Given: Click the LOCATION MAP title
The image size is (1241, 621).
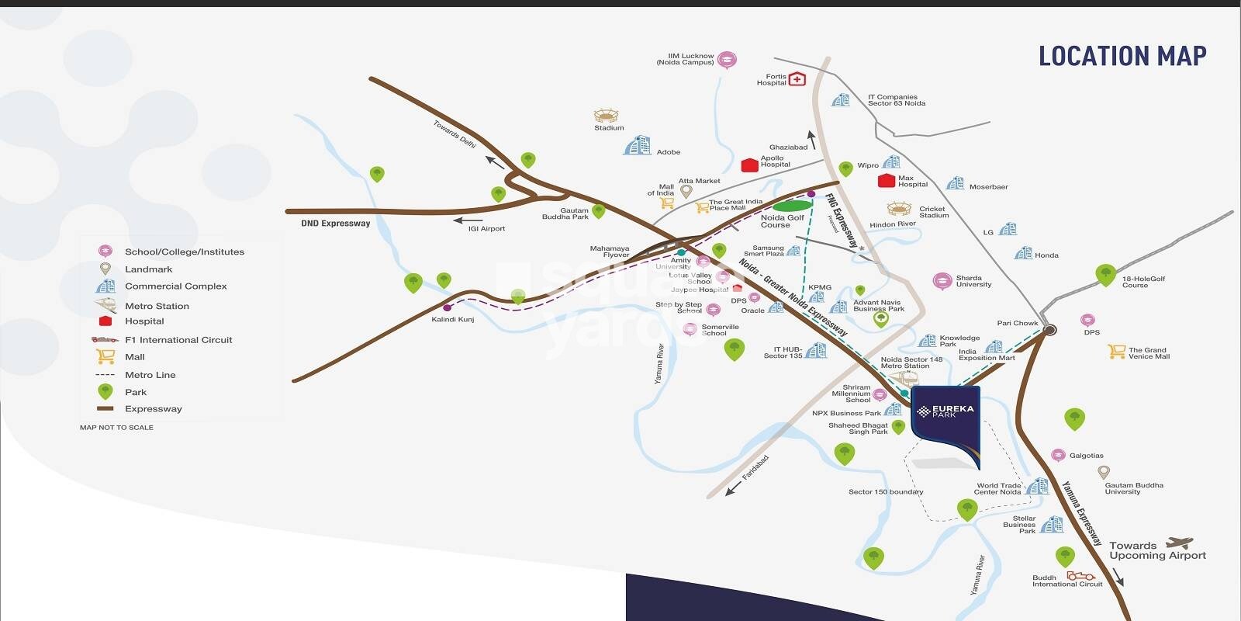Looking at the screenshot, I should [1122, 56].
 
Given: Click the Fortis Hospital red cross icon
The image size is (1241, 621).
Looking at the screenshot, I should [797, 79].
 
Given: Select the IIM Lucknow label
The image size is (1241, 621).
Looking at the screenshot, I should [685, 59].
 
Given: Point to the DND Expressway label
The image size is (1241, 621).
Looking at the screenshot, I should [336, 224].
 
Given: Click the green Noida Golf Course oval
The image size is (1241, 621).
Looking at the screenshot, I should [792, 206].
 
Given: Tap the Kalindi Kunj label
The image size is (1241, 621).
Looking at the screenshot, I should [452, 319].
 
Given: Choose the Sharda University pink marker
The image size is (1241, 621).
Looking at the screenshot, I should [942, 281].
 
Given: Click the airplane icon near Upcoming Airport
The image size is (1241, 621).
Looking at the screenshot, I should [1180, 543].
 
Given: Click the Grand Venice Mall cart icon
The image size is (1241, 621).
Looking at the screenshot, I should [1116, 352].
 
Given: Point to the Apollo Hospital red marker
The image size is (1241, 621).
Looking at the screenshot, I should [749, 165].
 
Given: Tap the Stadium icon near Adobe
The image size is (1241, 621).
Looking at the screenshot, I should [607, 116].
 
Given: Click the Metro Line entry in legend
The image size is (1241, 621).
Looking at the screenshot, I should [150, 375].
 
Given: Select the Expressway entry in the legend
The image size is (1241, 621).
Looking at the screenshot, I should [153, 409].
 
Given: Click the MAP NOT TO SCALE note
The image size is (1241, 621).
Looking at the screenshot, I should [116, 428].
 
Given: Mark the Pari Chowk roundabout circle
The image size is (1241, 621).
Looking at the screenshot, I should [1049, 330].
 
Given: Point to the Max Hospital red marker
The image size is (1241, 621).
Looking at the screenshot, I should [887, 181].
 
